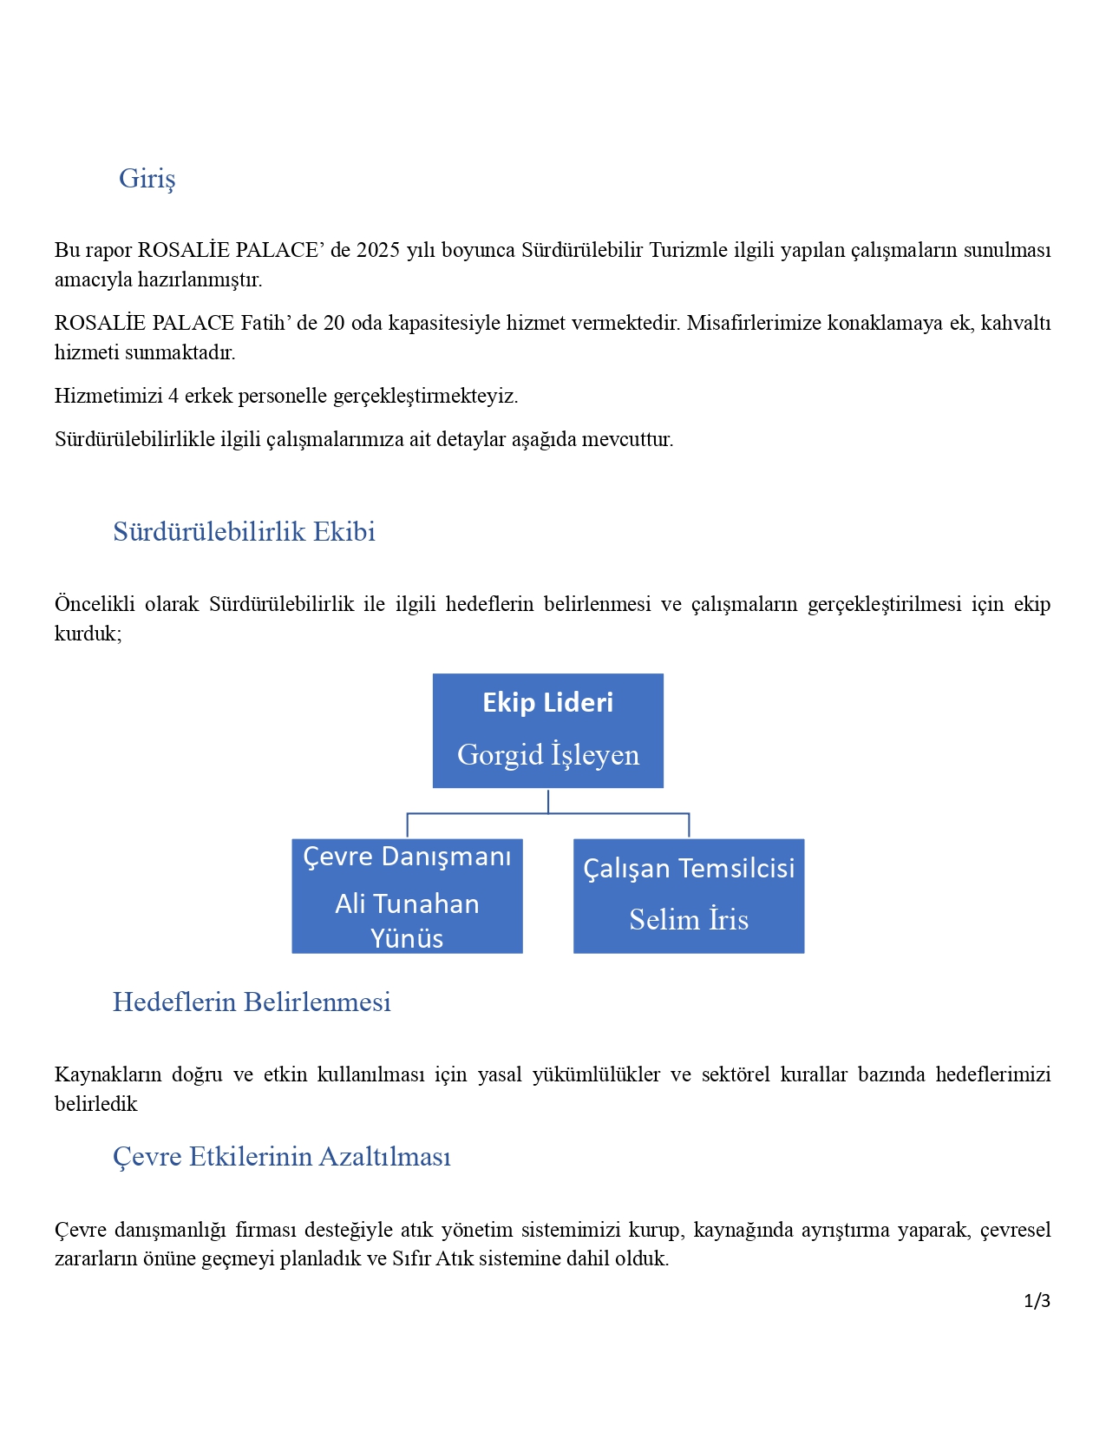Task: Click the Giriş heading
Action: [147, 179]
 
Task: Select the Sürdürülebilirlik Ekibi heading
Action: [244, 532]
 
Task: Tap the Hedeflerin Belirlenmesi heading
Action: [252, 1002]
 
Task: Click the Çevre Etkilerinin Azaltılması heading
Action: [281, 1157]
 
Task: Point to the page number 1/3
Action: [1037, 1301]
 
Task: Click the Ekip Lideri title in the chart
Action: [547, 703]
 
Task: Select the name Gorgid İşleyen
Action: [547, 755]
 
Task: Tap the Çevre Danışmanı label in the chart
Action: [407, 857]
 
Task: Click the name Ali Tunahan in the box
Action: [407, 904]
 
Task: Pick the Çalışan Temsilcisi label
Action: [689, 869]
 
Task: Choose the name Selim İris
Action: [689, 920]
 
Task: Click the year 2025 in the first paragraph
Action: [378, 251]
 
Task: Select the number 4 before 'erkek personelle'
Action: [173, 397]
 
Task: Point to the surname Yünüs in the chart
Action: [407, 939]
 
